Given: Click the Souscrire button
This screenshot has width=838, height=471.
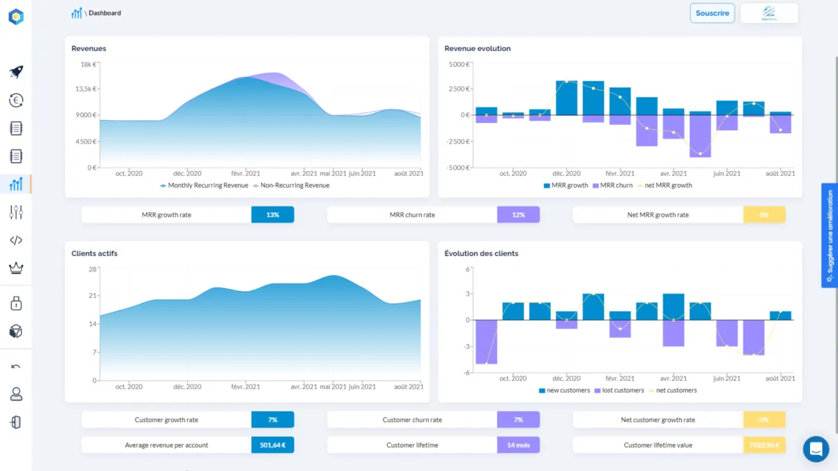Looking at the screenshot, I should tap(712, 13).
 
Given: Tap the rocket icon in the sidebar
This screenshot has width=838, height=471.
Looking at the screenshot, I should tap(16, 72).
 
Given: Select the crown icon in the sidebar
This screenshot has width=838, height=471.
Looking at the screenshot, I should tap(16, 268).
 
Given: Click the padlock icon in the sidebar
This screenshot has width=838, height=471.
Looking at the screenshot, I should tap(16, 303).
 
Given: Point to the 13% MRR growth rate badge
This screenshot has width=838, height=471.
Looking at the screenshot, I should tap(272, 215).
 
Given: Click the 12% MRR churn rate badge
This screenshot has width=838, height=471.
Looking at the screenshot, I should tap(518, 215).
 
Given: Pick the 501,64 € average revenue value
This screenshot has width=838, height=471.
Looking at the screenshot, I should tap(272, 445).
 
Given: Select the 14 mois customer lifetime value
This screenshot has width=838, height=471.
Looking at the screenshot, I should tap(518, 445).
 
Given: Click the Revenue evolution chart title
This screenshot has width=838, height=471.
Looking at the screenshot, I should tap(478, 49).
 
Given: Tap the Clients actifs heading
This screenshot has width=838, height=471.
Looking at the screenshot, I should tap(94, 253).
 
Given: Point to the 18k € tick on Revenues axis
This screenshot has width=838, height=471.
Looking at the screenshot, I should tap(88, 64).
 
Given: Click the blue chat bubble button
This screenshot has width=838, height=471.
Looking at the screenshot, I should tap(815, 449).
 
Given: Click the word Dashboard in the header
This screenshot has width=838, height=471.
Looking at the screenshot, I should tap(105, 13).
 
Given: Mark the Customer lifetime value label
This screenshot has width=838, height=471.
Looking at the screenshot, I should tap(658, 445).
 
